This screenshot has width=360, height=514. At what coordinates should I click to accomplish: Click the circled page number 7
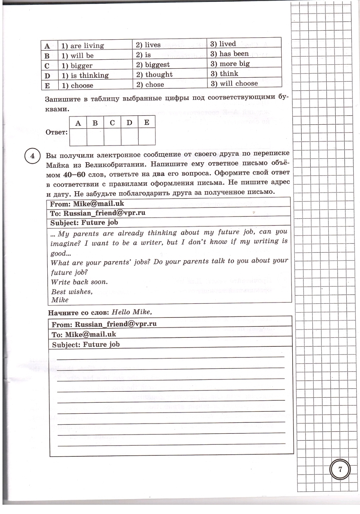pyautogui.click(x=340, y=470)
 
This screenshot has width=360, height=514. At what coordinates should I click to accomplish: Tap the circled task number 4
pyautogui.click(x=32, y=156)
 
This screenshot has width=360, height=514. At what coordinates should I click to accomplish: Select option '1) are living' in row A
pyautogui.click(x=83, y=46)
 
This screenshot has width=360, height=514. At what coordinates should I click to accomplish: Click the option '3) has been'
pyautogui.click(x=230, y=54)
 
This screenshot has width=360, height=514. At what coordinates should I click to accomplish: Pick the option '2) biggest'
pyautogui.click(x=153, y=65)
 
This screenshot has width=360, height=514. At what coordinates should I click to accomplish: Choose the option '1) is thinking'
pyautogui.click(x=85, y=76)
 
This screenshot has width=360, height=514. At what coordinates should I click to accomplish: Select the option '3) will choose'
pyautogui.click(x=234, y=83)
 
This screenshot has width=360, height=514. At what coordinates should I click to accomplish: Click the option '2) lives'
pyautogui.click(x=148, y=45)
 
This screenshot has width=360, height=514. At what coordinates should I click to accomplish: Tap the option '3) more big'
pyautogui.click(x=230, y=64)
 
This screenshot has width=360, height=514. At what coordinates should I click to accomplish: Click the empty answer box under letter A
pyautogui.click(x=78, y=137)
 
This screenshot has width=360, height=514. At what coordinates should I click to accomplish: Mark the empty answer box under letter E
pyautogui.click(x=147, y=137)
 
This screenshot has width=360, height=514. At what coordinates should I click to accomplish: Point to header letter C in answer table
pyautogui.click(x=112, y=123)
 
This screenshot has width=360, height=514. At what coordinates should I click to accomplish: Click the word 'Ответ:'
pyautogui.click(x=56, y=132)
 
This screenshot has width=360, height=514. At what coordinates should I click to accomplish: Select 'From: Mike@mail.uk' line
pyautogui.click(x=87, y=204)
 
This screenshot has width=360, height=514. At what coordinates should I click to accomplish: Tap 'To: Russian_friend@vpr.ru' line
pyautogui.click(x=98, y=213)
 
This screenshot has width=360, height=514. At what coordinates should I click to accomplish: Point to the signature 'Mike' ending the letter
pyautogui.click(x=60, y=300)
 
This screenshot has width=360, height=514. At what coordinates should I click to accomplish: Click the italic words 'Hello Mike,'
pyautogui.click(x=132, y=312)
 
